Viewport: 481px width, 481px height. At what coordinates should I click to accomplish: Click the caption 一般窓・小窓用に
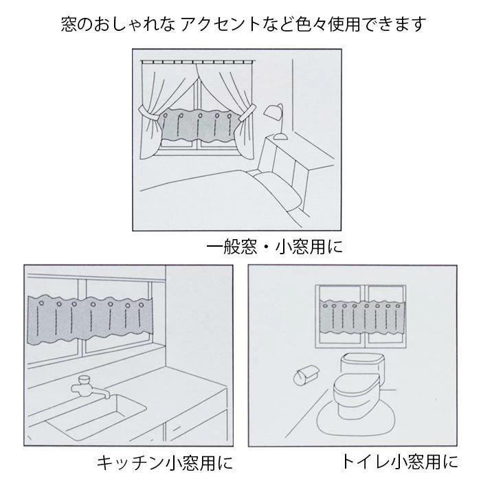coord(274,245)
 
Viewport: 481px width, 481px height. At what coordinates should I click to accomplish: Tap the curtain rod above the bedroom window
coord(199,60)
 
